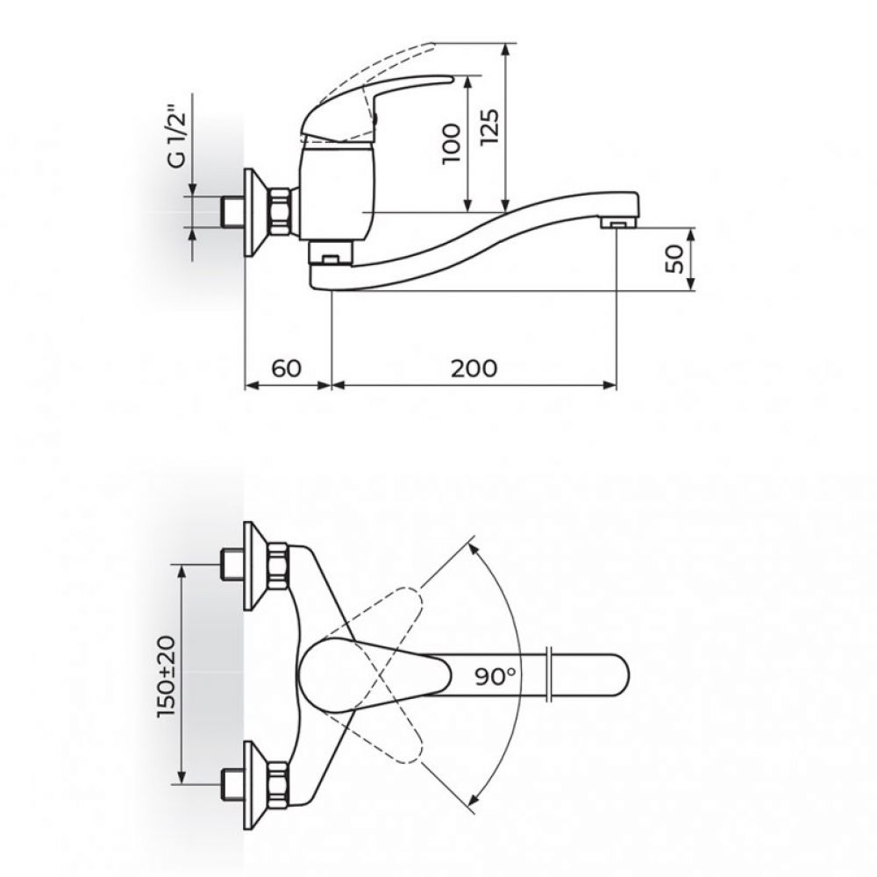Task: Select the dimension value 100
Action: click(x=452, y=144)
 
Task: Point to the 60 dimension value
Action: click(x=287, y=368)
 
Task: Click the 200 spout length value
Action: click(x=474, y=368)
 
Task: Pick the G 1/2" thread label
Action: click(x=175, y=139)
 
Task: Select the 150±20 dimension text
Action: click(x=166, y=676)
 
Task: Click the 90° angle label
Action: click(x=496, y=676)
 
